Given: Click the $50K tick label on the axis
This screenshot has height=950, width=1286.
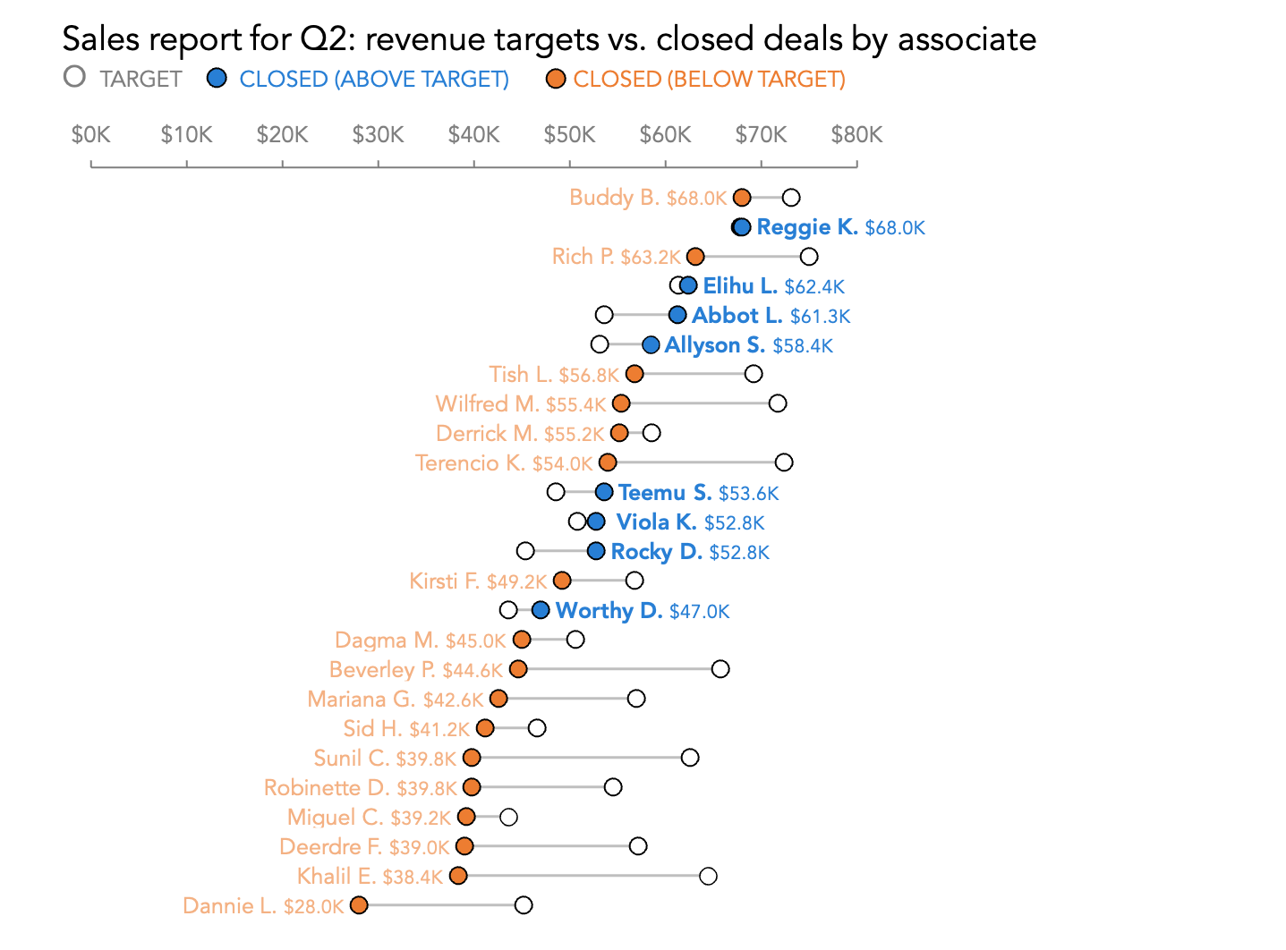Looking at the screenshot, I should click(x=569, y=135).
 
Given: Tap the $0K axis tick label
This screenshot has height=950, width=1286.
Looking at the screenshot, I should click(x=90, y=135).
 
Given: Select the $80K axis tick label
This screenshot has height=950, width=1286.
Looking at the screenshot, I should click(x=856, y=135).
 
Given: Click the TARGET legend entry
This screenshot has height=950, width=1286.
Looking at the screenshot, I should click(x=123, y=79).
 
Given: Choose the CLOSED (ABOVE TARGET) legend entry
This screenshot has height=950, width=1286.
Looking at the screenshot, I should click(x=359, y=79).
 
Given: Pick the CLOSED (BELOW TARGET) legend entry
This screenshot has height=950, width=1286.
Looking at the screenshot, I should click(x=696, y=79).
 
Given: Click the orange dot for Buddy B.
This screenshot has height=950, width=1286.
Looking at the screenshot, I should click(x=742, y=198).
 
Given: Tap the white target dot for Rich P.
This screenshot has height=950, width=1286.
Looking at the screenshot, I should click(x=809, y=257).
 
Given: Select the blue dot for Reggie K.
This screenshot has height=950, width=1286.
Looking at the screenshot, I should click(x=742, y=227).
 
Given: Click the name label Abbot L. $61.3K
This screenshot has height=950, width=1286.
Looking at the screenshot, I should click(x=771, y=316).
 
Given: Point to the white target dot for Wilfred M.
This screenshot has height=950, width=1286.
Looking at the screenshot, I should click(x=778, y=403).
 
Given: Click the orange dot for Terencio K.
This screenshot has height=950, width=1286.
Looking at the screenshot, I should click(x=608, y=462).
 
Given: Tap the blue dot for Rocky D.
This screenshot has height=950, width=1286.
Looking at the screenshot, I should click(x=596, y=551).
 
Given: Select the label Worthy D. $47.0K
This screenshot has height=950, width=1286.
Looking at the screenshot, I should click(x=643, y=611).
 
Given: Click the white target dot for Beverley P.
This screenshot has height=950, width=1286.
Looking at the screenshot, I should click(x=720, y=669).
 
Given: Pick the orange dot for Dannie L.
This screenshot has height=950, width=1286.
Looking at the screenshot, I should click(x=359, y=905).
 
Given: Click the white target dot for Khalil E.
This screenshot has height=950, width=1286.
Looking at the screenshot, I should click(x=708, y=876).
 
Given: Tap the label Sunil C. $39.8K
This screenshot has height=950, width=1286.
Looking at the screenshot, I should click(x=385, y=759).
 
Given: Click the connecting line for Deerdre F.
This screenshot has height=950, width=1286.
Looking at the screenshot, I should click(x=550, y=846).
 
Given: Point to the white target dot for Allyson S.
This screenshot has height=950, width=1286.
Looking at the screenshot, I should click(x=600, y=344).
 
